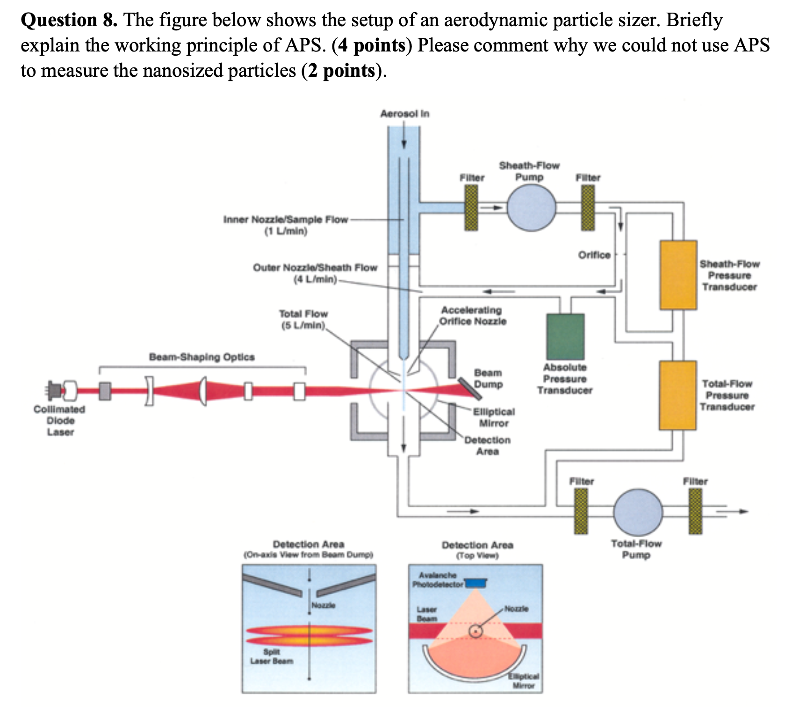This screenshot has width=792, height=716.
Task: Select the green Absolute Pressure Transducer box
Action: [565, 336]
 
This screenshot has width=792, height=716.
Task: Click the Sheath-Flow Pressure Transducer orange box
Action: [678, 275]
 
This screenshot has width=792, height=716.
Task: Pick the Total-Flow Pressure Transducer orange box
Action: [678, 395]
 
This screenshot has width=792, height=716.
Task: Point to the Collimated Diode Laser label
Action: [59, 420]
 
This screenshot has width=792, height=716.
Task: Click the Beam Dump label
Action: [489, 378]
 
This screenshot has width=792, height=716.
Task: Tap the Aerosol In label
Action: [404, 114]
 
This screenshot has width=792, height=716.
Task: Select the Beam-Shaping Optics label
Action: [202, 357]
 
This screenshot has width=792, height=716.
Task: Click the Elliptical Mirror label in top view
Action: [523, 681]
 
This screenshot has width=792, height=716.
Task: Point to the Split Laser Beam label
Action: [272, 656]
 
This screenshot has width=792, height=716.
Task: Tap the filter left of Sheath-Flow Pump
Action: [472, 206]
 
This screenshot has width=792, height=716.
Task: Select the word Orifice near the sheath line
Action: [594, 255]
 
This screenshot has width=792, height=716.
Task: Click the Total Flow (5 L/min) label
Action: [303, 319]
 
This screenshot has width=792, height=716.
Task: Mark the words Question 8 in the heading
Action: [69, 20]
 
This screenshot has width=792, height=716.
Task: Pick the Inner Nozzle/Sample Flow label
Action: [286, 225]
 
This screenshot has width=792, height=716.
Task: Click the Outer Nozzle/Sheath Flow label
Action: [315, 273]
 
